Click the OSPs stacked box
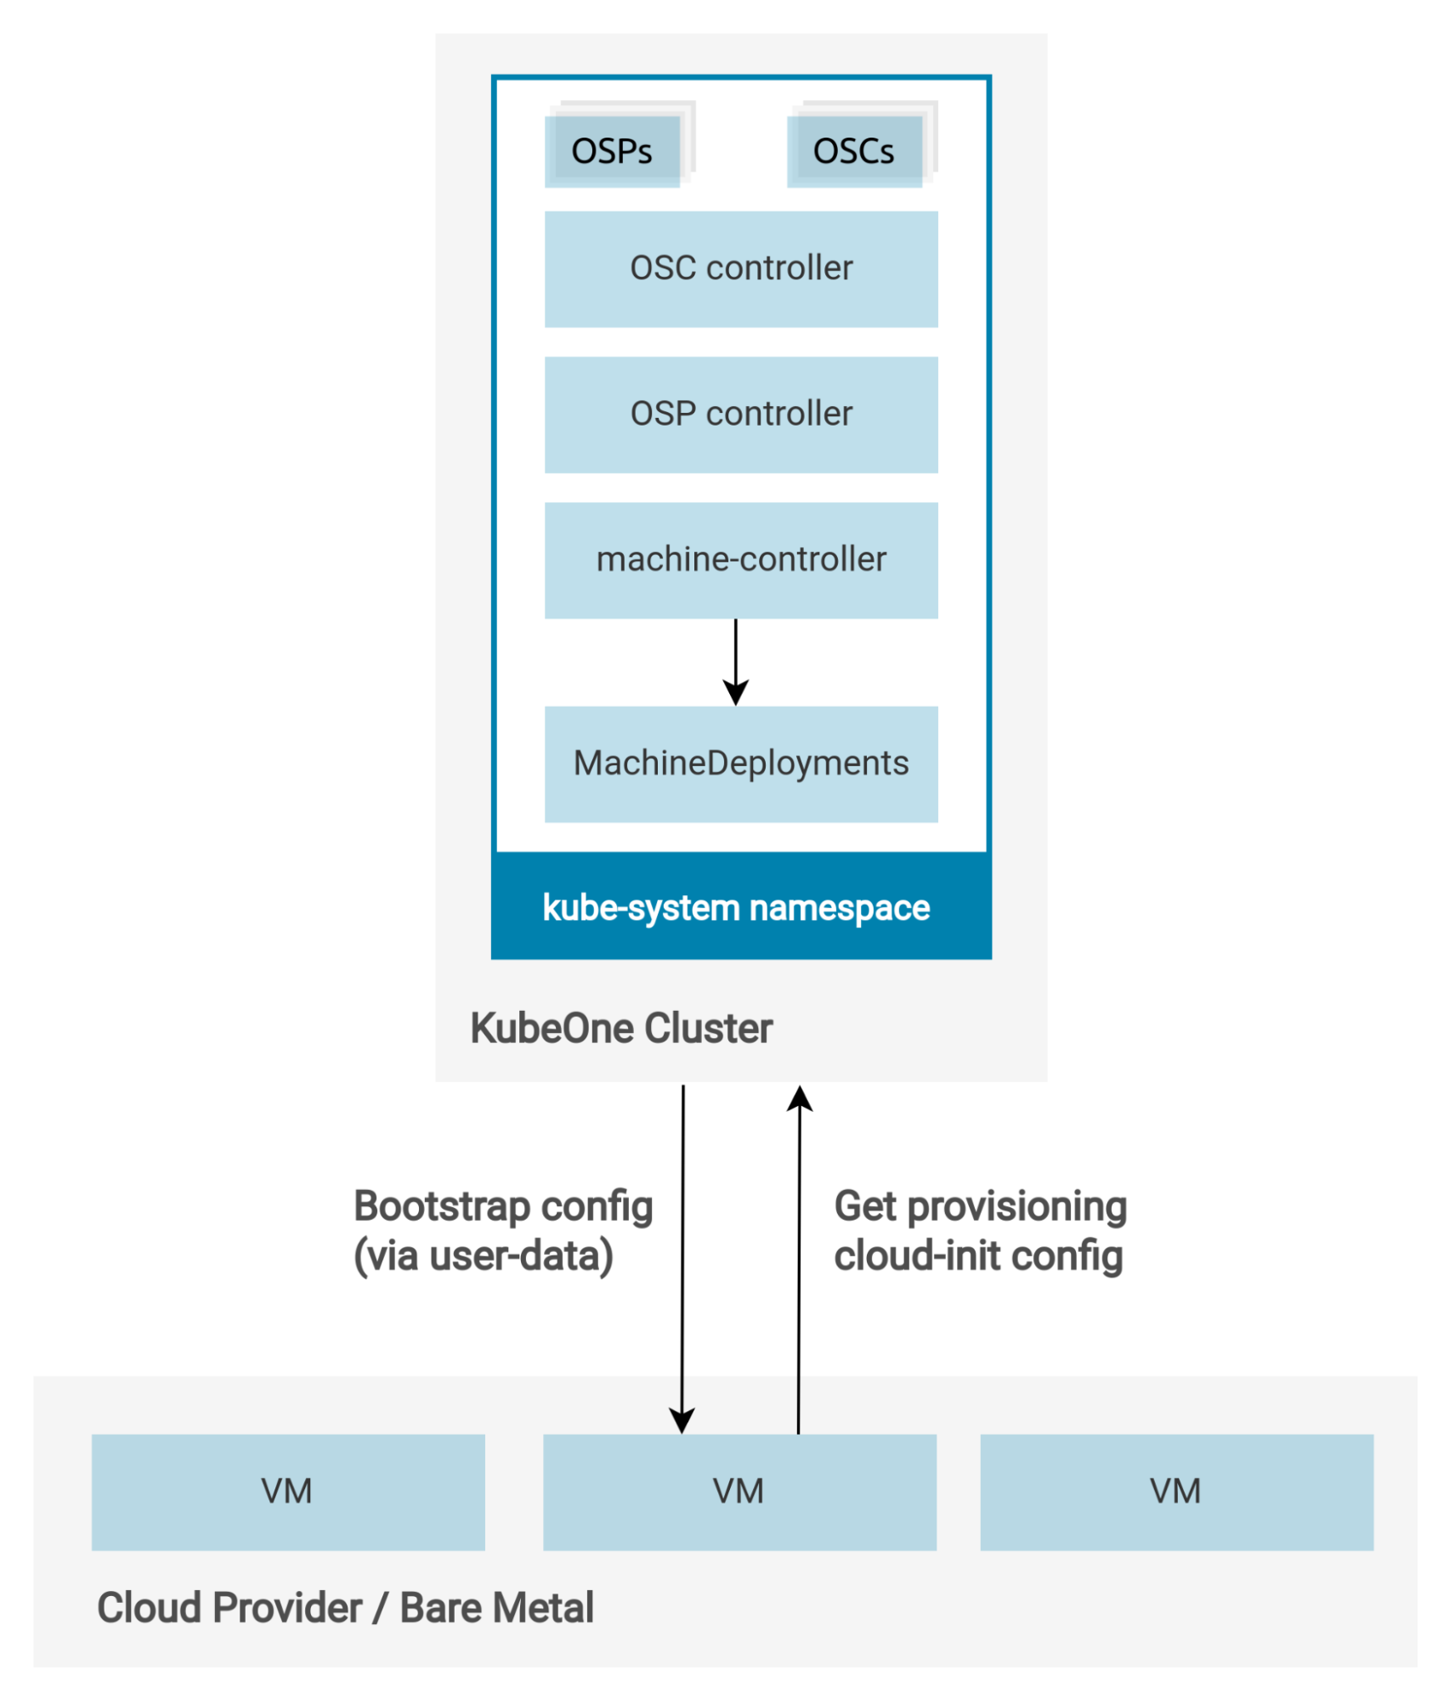coord(612,150)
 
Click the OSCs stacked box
coord(854,150)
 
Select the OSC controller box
coord(741,268)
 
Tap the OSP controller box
coord(741,415)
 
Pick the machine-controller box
coord(741,560)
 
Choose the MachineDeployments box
coord(741,764)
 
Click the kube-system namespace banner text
coord(736,908)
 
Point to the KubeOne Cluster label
coord(621,1028)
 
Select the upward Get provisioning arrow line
coord(799,1274)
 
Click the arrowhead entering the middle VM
coord(682,1420)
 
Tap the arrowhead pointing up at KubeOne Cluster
coord(800,1099)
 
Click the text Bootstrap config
coord(503,1206)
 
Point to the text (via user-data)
coord(483,1256)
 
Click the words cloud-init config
coord(978,1256)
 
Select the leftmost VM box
coord(288,1492)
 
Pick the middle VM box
coord(739,1492)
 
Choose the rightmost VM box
coord(1176,1492)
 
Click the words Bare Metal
coord(496,1608)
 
